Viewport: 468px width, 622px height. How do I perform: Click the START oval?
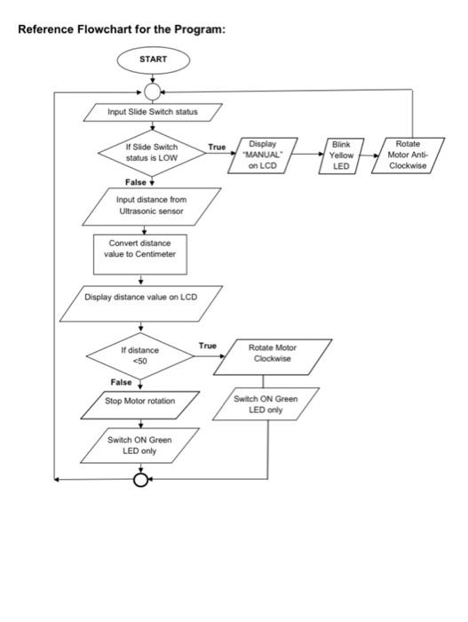(153, 60)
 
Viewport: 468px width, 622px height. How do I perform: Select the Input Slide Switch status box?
(153, 112)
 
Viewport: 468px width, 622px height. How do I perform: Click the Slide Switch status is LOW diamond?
(152, 153)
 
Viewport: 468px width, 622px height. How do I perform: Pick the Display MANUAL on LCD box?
(263, 155)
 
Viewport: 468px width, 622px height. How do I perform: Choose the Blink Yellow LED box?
(341, 155)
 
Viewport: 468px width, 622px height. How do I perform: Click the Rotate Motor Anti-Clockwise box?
(408, 155)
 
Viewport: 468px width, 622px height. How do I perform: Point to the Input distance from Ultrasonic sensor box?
(152, 206)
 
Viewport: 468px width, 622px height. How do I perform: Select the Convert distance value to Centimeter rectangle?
(140, 254)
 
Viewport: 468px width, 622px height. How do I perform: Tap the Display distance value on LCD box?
(141, 304)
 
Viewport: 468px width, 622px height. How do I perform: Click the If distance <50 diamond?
(140, 355)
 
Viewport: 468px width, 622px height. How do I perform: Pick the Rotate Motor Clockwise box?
(273, 357)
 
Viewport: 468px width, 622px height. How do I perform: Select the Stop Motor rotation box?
(140, 405)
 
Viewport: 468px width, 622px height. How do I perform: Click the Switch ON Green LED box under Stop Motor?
(139, 445)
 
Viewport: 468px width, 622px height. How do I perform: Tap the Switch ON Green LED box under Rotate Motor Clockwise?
(266, 403)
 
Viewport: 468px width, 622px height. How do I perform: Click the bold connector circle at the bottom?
(140, 474)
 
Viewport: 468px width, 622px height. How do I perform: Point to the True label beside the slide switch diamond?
(217, 147)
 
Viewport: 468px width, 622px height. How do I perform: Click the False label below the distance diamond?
(121, 382)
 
